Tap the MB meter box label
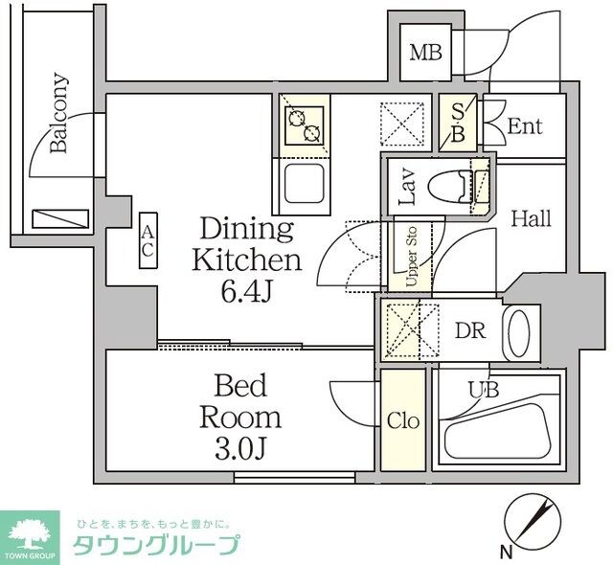[426, 53]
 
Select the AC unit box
[148, 240]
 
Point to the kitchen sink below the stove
[304, 186]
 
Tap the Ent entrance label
[525, 126]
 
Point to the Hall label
[530, 218]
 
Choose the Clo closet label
[402, 420]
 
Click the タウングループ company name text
[157, 547]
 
